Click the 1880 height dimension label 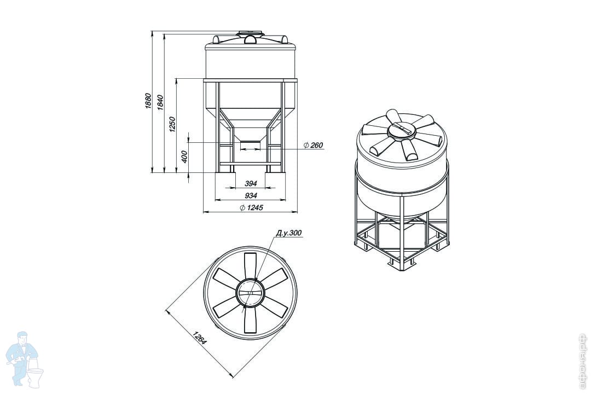point(148,101)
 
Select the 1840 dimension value point(160,102)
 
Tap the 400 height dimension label point(184,157)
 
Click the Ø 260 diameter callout point(313,145)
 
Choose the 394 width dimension point(251,183)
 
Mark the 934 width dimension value point(251,195)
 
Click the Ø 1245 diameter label point(251,207)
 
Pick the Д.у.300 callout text point(289,233)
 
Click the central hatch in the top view point(250,293)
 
